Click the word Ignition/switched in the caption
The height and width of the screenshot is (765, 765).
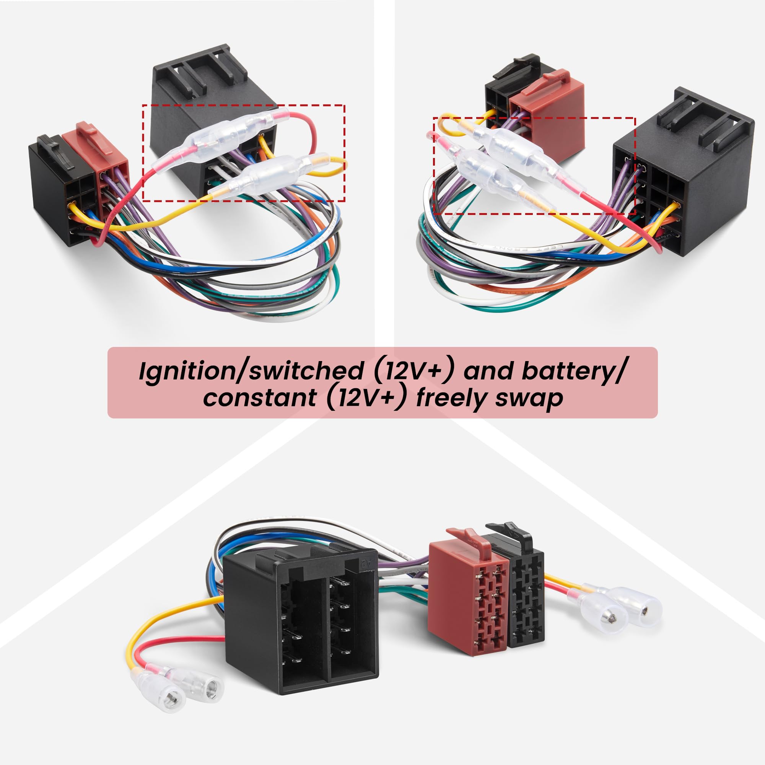point(251,371)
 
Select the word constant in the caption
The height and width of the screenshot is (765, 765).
point(259,397)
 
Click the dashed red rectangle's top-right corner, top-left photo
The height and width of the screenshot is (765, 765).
point(345,105)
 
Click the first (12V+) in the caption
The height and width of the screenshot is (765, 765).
point(412,371)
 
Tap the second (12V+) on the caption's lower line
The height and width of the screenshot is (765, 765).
point(367,397)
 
